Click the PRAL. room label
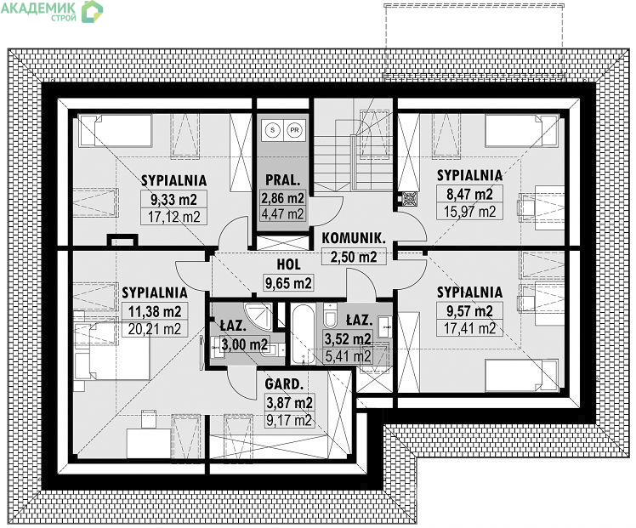pyautogui.click(x=282, y=180)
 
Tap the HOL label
pyautogui.click(x=289, y=264)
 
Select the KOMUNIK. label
pyautogui.click(x=354, y=238)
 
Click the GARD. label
pyautogui.click(x=284, y=383)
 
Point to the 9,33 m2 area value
pyautogui.click(x=173, y=199)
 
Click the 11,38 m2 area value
pyautogui.click(x=155, y=311)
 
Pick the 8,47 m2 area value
pyautogui.click(x=469, y=194)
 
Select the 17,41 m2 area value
pyautogui.click(x=469, y=328)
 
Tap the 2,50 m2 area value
pyautogui.click(x=354, y=257)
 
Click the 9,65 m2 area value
pyautogui.click(x=288, y=282)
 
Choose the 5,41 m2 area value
pyautogui.click(x=348, y=356)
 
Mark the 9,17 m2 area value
pyautogui.click(x=289, y=420)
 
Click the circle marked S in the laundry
pyautogui.click(x=273, y=130)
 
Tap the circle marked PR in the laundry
pyautogui.click(x=294, y=130)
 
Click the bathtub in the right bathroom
pyautogui.click(x=303, y=335)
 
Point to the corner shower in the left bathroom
pyautogui.click(x=258, y=316)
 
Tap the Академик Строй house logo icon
pyautogui.click(x=92, y=11)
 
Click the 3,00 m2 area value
pyautogui.click(x=245, y=344)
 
